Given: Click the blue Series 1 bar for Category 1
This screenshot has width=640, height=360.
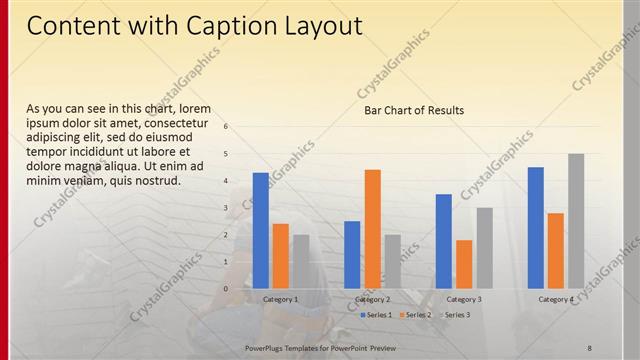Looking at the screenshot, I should pyautogui.click(x=260, y=230).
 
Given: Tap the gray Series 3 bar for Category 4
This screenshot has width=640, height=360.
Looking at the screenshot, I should pyautogui.click(x=576, y=220).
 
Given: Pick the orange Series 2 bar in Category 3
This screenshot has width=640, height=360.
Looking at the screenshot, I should pyautogui.click(x=464, y=264).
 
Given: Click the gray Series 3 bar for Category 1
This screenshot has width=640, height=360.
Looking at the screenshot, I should pyautogui.click(x=300, y=261).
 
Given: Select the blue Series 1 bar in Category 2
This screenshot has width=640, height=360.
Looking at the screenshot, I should pyautogui.click(x=352, y=254).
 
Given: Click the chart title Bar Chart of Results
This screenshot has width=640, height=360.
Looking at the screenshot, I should pyautogui.click(x=413, y=110).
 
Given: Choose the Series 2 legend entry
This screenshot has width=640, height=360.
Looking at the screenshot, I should pyautogui.click(x=417, y=315).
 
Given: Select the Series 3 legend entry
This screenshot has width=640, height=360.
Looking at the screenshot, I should pyautogui.click(x=456, y=315).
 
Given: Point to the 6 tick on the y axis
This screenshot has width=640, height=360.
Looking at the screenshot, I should pyautogui.click(x=227, y=127).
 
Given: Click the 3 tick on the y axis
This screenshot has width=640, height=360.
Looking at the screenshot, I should pyautogui.click(x=227, y=208).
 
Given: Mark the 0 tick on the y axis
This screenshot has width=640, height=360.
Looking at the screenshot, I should pyautogui.click(x=227, y=289).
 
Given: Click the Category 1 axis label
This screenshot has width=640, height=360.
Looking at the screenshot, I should pyautogui.click(x=280, y=299).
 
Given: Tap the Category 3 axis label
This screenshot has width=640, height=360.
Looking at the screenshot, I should pyautogui.click(x=464, y=299).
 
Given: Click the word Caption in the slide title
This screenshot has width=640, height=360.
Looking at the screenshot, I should pyautogui.click(x=219, y=26).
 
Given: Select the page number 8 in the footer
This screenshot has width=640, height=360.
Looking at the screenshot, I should pyautogui.click(x=589, y=346).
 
